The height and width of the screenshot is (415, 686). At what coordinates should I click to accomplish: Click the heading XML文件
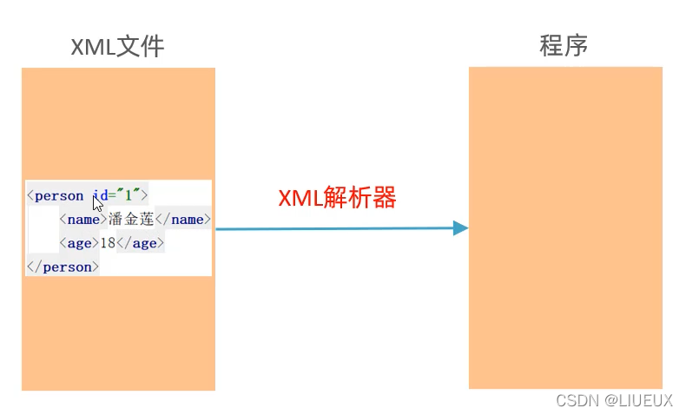(117, 46)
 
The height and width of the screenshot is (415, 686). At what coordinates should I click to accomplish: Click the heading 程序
(564, 45)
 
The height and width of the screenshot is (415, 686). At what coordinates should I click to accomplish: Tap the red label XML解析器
(337, 198)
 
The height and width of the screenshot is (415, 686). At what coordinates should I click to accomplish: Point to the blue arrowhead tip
(467, 228)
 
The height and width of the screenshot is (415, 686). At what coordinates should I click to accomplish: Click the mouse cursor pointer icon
(98, 203)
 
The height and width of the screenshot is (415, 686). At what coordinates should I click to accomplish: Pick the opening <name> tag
(83, 220)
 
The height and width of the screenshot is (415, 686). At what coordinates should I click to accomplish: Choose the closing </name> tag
(183, 220)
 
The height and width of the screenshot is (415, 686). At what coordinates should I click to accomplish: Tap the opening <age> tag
(79, 243)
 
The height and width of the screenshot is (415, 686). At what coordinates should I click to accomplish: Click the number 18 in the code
(108, 243)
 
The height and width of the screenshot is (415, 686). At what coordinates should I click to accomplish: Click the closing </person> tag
(63, 267)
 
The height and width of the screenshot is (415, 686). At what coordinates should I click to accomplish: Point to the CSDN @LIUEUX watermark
(614, 400)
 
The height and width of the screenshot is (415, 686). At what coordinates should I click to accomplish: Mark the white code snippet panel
(118, 228)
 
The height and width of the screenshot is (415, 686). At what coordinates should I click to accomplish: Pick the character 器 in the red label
(385, 198)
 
